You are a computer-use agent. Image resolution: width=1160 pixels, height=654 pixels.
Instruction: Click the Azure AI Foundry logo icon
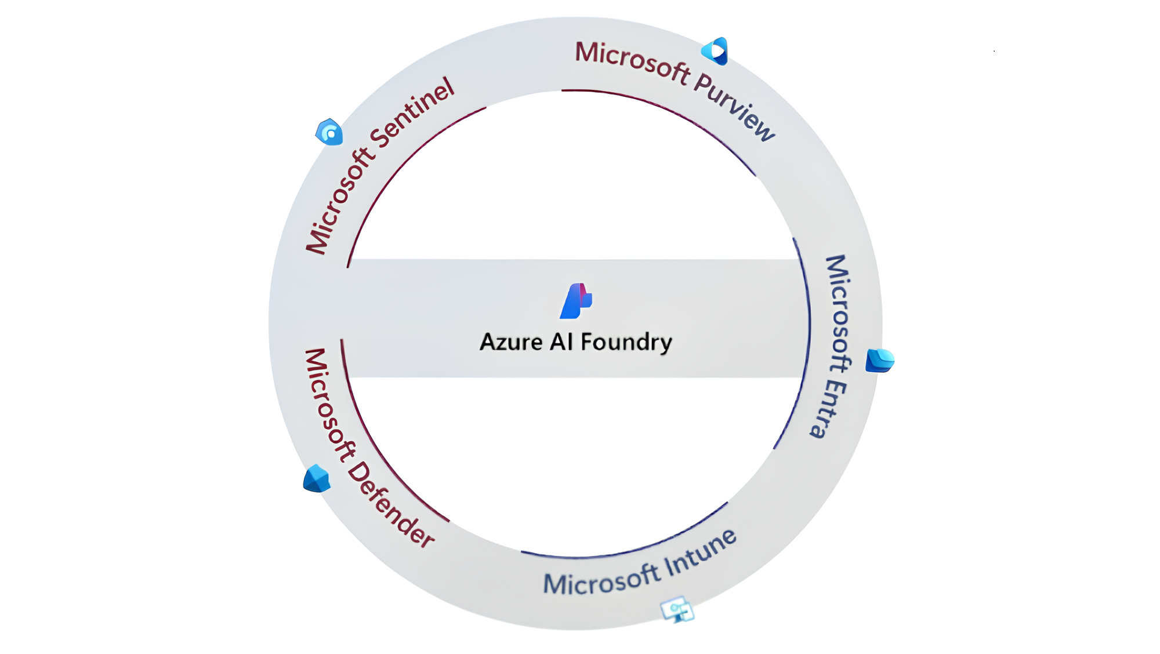pos(576,301)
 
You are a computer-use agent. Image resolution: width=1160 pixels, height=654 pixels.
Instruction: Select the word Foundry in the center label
pos(626,343)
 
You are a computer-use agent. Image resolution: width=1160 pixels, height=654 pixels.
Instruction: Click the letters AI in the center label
pos(561,342)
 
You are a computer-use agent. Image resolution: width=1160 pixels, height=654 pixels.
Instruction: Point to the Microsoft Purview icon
pos(716,52)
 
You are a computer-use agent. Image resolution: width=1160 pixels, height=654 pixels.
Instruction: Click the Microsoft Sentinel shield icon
pos(329,133)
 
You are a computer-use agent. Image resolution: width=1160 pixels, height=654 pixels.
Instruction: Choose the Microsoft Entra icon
pos(879,360)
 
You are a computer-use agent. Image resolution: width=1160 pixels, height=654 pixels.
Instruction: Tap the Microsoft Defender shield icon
pos(317,479)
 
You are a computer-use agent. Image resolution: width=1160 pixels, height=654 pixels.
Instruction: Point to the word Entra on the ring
pos(828,408)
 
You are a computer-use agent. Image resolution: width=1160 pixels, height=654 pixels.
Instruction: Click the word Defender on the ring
pos(390,504)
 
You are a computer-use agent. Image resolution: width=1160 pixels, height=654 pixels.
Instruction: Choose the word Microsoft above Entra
pos(839,313)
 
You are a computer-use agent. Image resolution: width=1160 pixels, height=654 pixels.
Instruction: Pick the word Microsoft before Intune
pos(601,581)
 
